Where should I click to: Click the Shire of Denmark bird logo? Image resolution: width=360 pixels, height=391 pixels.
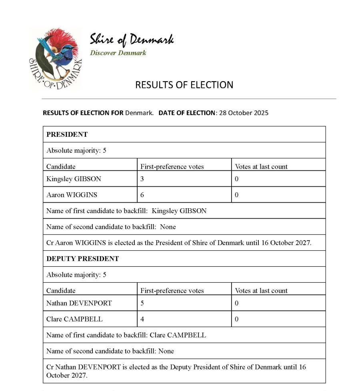[55, 58]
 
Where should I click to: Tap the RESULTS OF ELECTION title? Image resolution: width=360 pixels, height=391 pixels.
[184, 85]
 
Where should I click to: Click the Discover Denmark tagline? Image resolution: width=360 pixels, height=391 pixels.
[118, 53]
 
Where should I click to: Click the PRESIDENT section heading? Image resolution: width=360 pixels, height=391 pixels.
[67, 134]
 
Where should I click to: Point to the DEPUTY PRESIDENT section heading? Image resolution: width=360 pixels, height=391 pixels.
[82, 259]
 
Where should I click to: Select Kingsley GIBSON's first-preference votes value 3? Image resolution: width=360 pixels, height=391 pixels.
[142, 179]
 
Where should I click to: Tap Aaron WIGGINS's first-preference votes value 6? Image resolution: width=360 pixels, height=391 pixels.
[142, 195]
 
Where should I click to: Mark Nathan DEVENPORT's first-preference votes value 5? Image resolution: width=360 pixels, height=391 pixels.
[142, 303]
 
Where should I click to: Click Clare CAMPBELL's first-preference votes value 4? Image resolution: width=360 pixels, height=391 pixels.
[142, 319]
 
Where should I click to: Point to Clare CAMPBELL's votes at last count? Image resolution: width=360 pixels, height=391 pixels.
[236, 319]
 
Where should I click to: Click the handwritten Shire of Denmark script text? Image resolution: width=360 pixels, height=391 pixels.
[132, 40]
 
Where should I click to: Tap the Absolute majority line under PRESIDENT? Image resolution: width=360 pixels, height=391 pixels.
[76, 151]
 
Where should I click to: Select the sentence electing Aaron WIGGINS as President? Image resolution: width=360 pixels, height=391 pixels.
[178, 243]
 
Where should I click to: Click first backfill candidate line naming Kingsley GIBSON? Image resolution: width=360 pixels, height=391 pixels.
[126, 211]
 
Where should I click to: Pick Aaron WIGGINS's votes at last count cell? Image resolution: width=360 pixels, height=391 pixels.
[236, 195]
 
